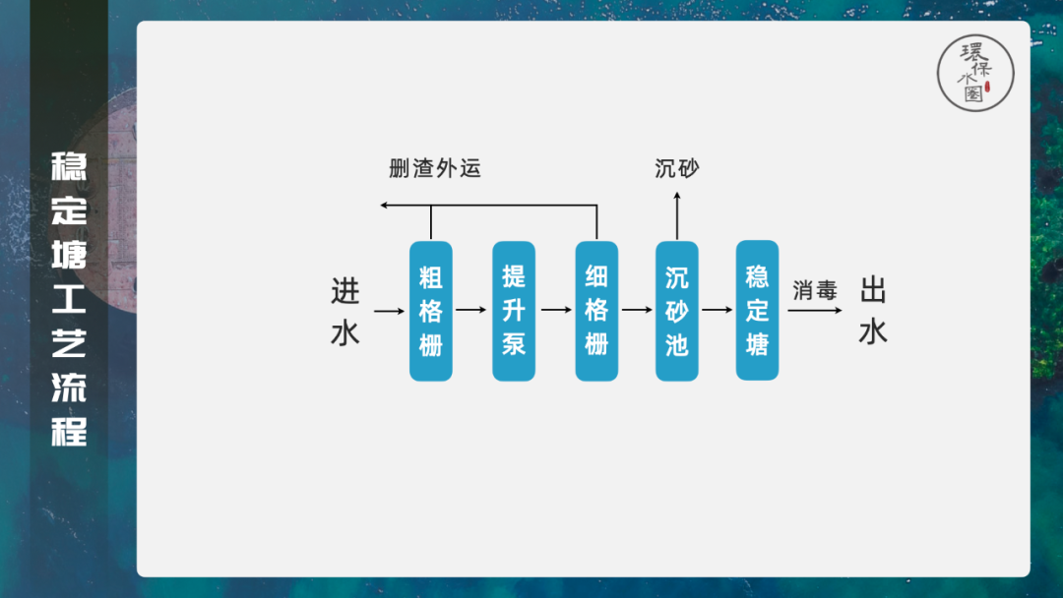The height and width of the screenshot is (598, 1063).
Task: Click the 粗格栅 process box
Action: (431, 311)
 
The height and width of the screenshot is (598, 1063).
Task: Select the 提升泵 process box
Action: (514, 311)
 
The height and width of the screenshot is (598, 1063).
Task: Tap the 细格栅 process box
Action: (596, 311)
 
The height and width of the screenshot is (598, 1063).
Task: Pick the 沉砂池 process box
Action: (677, 311)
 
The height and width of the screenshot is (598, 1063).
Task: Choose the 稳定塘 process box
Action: (757, 311)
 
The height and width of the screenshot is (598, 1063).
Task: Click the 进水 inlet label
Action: (345, 311)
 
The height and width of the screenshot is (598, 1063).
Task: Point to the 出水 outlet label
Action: (873, 311)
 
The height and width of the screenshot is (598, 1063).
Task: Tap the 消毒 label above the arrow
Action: (815, 291)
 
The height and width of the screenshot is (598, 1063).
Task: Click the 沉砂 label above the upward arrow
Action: (677, 168)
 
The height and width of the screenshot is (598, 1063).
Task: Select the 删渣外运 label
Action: (435, 168)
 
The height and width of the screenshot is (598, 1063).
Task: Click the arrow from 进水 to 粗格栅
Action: (390, 311)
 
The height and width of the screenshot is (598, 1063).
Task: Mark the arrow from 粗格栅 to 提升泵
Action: (472, 311)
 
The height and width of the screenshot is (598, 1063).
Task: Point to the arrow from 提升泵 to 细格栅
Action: (555, 311)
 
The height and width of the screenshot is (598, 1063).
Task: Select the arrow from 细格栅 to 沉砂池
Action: (637, 311)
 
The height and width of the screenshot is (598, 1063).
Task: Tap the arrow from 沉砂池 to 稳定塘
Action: (718, 311)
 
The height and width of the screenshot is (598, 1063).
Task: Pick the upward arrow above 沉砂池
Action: (677, 214)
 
